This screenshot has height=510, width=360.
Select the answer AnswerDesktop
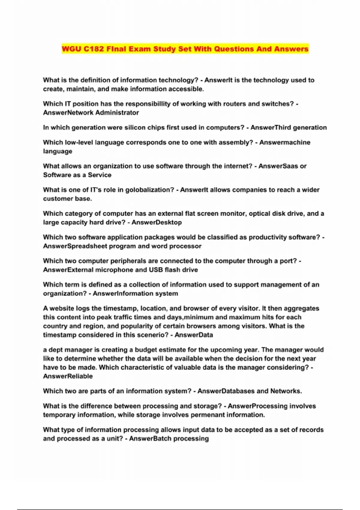(157, 222)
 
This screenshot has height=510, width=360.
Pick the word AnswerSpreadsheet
(75, 246)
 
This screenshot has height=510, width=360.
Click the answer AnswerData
(193, 335)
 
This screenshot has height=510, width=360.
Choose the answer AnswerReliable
(68, 376)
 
